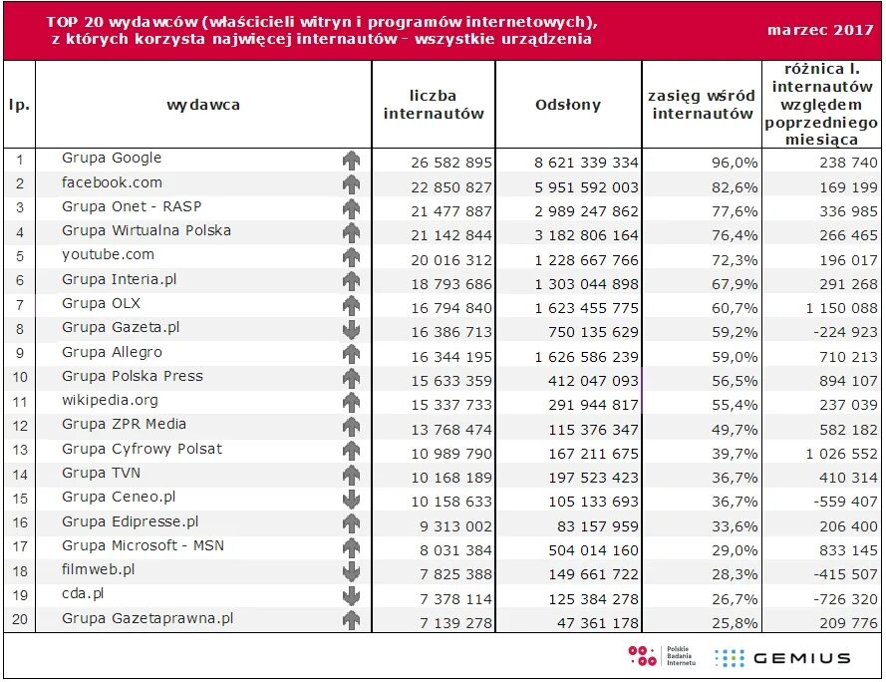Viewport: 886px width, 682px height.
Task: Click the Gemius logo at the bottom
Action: click(782, 658)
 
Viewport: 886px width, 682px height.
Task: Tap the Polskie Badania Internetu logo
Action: click(662, 656)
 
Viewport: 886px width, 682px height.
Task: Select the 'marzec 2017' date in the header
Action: click(820, 30)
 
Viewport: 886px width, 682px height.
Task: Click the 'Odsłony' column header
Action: click(568, 105)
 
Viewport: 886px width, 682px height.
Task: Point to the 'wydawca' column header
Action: click(203, 105)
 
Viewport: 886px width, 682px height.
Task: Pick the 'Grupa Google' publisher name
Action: click(112, 158)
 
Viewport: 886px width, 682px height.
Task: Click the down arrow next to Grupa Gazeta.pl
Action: click(352, 329)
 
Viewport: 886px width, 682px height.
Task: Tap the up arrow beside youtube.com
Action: click(352, 257)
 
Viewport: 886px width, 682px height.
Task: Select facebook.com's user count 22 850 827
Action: click(451, 187)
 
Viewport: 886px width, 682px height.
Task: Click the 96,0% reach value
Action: click(734, 163)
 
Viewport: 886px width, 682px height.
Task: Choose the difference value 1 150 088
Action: click(841, 308)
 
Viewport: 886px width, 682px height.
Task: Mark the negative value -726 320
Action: click(845, 599)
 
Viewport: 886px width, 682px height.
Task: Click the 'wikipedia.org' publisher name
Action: click(110, 401)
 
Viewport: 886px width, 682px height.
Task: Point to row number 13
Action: click(20, 450)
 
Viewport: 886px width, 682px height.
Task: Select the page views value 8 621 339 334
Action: click(587, 163)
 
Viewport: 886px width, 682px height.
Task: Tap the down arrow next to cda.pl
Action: click(352, 595)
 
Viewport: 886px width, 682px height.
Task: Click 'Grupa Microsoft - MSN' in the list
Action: click(143, 545)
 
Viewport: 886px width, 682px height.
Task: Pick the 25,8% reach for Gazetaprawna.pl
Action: click(734, 623)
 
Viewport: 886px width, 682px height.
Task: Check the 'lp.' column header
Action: click(19, 105)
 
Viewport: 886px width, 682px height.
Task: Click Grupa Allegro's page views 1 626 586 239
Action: click(587, 357)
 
